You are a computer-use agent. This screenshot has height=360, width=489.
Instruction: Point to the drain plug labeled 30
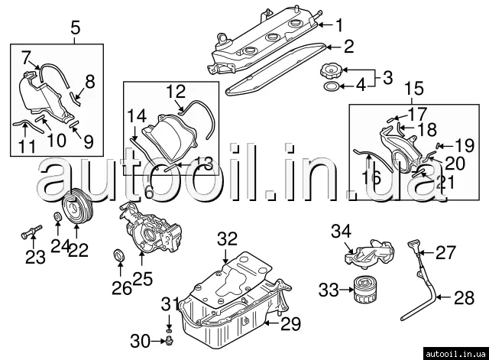click(168, 339)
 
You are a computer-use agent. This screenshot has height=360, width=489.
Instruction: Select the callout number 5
click(75, 29)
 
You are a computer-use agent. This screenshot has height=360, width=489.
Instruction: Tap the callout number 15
click(413, 89)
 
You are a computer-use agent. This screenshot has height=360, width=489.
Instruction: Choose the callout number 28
click(464, 298)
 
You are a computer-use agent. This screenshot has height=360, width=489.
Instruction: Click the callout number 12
click(176, 92)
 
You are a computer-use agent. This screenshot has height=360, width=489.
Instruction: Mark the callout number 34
click(342, 230)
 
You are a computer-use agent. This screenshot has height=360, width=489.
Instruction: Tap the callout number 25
click(143, 280)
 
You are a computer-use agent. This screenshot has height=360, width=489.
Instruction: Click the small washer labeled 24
click(57, 222)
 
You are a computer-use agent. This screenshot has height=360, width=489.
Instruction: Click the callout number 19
click(464, 144)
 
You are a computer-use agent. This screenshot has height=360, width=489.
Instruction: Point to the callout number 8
click(89, 80)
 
